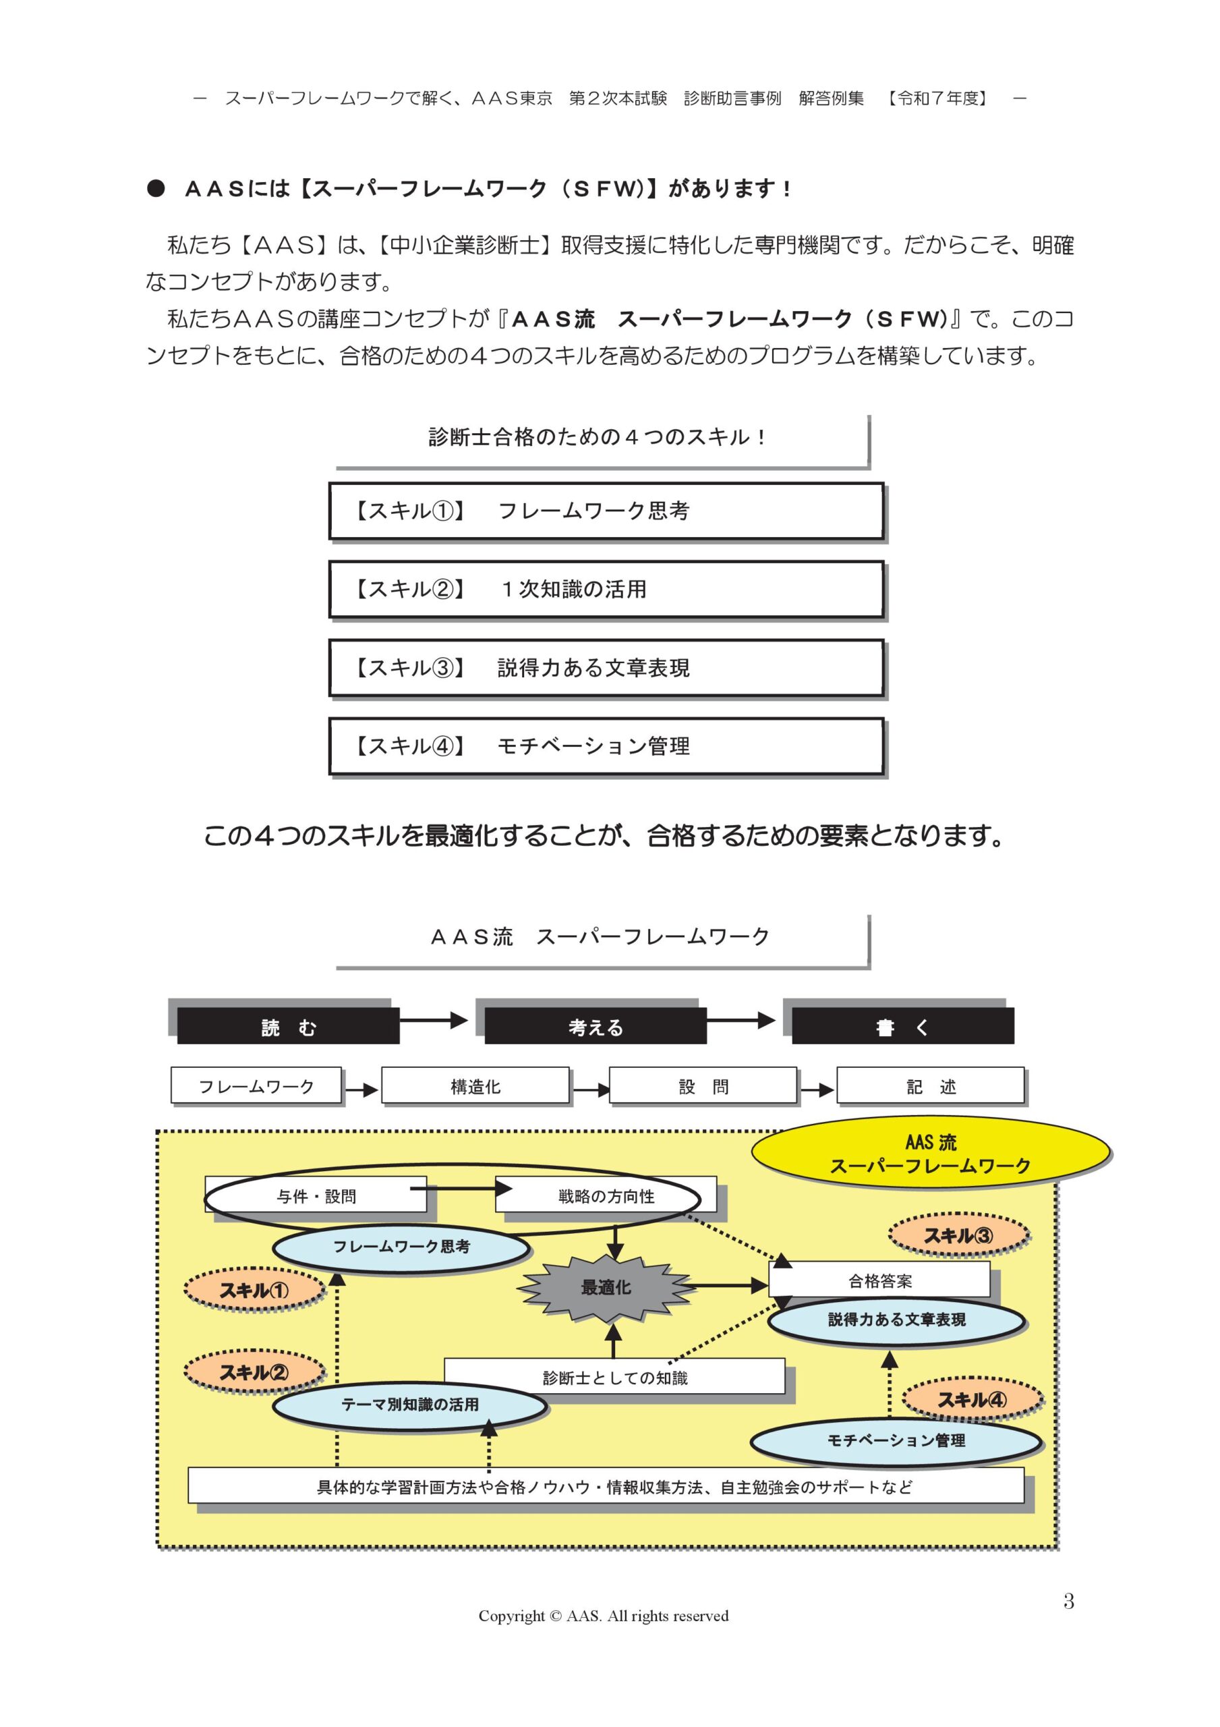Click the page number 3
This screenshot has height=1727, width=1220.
coord(1068,1601)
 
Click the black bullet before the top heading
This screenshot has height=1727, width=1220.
coord(156,188)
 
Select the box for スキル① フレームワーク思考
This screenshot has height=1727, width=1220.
coord(606,511)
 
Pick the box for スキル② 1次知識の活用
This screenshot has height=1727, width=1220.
coord(606,589)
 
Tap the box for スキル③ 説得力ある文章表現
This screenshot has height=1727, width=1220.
coord(606,668)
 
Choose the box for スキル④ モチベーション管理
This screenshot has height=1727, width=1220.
coord(606,746)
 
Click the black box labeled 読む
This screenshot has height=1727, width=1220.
coord(288,1027)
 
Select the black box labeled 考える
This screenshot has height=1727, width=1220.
coord(595,1027)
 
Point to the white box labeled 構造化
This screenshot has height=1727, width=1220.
coord(475,1086)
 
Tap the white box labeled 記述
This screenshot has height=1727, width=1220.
coord(931,1086)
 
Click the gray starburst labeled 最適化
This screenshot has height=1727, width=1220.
coord(606,1288)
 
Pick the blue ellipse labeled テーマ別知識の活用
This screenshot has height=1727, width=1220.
coord(410,1405)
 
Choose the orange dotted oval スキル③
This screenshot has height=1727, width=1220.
coord(958,1235)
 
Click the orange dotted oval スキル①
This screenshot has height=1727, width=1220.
coord(254,1291)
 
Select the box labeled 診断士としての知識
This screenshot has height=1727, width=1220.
coord(614,1378)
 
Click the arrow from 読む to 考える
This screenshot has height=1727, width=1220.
coord(433,1020)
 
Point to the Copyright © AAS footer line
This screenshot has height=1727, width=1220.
coord(603,1616)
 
